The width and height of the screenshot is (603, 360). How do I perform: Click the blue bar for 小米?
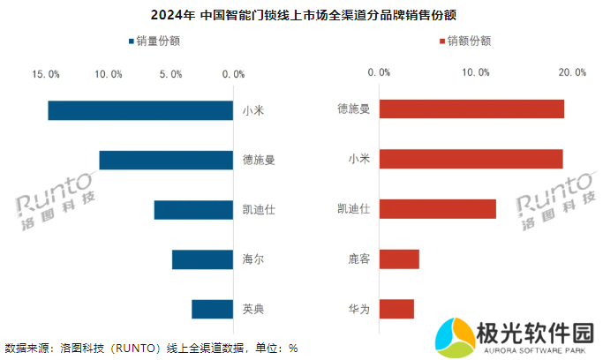[x=140, y=110]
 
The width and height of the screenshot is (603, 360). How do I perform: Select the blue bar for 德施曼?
[x=166, y=160]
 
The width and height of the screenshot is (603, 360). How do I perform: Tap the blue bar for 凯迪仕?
[x=193, y=210]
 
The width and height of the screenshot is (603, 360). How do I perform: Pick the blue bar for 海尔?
[x=202, y=259]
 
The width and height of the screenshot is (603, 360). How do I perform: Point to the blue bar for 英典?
[x=212, y=309]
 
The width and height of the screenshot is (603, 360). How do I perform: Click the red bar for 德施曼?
[x=471, y=109]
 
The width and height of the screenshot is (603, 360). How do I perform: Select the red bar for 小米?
[x=471, y=159]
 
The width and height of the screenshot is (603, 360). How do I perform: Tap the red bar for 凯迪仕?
[x=437, y=209]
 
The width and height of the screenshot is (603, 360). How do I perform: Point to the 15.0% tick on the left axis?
[x=46, y=74]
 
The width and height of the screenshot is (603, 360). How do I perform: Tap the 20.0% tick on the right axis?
[x=572, y=72]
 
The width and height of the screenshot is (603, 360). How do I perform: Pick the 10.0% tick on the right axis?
[x=477, y=72]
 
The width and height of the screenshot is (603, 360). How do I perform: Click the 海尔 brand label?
[x=253, y=260]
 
